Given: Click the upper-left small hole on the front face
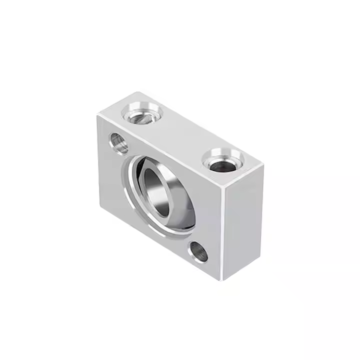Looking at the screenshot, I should point(118,143).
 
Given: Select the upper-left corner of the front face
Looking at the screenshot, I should point(97,115).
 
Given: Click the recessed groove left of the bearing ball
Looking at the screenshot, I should point(131,185).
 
